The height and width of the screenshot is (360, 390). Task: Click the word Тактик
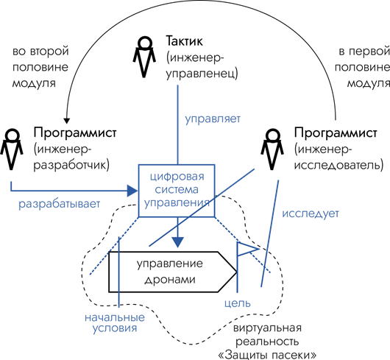[x=184, y=41]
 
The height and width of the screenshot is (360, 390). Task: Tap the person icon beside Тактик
[x=143, y=57]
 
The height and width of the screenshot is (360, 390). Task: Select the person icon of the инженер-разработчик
[x=12, y=149]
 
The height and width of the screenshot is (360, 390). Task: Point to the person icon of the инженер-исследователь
[x=272, y=149]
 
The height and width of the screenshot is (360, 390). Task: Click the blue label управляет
[x=213, y=119]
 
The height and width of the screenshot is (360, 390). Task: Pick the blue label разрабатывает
[x=59, y=204]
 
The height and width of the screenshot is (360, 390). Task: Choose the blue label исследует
[x=311, y=213]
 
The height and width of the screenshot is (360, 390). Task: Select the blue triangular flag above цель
[x=247, y=249]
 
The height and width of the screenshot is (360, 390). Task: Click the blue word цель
[x=237, y=303]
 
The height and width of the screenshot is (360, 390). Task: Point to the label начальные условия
[x=115, y=322]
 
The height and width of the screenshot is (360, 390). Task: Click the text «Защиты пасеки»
[x=267, y=355]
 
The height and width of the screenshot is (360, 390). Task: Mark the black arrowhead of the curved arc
[x=66, y=121]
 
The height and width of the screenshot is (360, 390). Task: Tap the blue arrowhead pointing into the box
[x=132, y=191]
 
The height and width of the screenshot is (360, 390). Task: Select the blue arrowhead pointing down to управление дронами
[x=177, y=242]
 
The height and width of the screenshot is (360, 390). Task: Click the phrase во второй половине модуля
[x=40, y=67]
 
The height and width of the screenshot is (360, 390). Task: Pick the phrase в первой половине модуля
[x=362, y=67]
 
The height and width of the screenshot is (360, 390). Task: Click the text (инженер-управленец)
[x=202, y=66]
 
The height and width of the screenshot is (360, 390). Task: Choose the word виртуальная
[x=267, y=328]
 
